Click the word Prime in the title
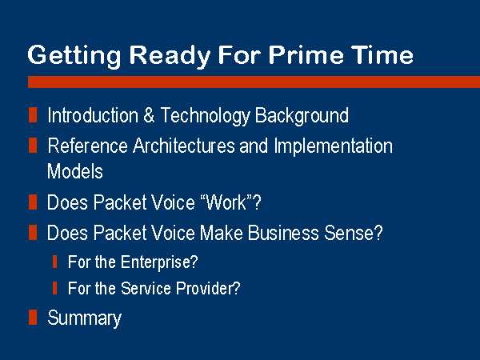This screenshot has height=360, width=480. click(306, 54)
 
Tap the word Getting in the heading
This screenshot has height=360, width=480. click(74, 56)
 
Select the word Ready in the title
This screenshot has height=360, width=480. click(170, 56)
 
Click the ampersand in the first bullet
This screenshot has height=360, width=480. click(149, 115)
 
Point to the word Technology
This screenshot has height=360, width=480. click(206, 116)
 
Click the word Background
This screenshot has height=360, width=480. click(302, 116)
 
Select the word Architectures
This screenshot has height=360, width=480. click(184, 146)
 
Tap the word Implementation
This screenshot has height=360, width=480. click(333, 146)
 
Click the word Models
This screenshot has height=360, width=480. click(75, 171)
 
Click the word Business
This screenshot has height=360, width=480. click(283, 233)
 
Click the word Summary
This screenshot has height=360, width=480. click(85, 318)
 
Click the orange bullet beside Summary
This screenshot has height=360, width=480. click(33, 317)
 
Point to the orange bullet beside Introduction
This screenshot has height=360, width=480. click(33, 114)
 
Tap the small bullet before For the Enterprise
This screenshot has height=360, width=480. click(54, 262)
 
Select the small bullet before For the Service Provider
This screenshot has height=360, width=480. click(54, 288)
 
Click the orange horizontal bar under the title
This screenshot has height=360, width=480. click(254, 82)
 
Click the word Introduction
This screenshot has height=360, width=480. click(93, 115)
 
